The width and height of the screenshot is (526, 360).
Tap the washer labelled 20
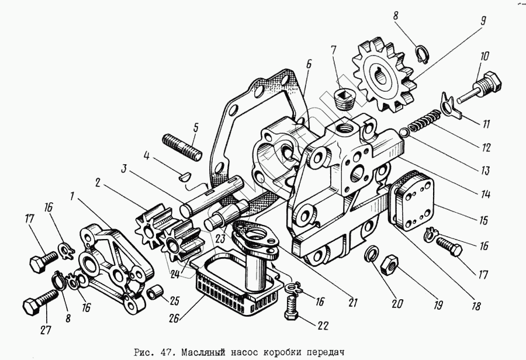click(371, 255)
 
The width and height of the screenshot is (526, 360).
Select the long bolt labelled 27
click(38, 304)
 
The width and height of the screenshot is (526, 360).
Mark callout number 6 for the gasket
click(308, 63)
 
